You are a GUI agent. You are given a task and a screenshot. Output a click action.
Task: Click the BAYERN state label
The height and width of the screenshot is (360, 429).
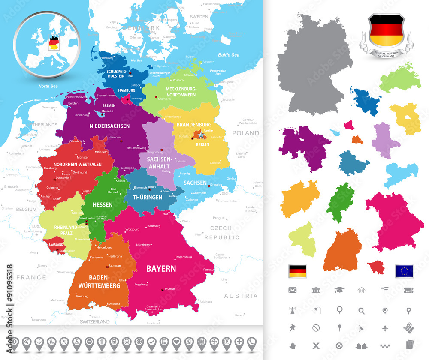pyautogui.click(x=161, y=269)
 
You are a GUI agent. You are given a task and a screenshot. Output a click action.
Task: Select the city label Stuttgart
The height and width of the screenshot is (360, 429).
pyautogui.click(x=115, y=266)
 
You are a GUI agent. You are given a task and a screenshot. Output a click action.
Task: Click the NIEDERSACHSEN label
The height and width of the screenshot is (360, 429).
pyautogui.click(x=109, y=126)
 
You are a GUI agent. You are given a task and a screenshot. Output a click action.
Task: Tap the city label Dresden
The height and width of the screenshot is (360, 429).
pyautogui.click(x=216, y=185)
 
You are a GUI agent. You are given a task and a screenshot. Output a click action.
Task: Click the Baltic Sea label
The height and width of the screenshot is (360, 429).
pyautogui.click(x=228, y=55)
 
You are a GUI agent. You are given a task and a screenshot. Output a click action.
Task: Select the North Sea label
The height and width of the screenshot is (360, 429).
pyautogui.click(x=48, y=86)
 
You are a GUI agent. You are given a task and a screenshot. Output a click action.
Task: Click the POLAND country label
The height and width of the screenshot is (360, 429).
pyautogui.click(x=245, y=133)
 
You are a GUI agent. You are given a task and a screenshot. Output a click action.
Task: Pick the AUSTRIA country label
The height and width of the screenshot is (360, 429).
pyautogui.click(x=241, y=296)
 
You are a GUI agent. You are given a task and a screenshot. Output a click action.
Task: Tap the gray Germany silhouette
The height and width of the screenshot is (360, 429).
pyautogui.click(x=313, y=64)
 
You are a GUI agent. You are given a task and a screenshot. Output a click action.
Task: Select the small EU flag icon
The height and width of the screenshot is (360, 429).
pyautogui.click(x=404, y=271)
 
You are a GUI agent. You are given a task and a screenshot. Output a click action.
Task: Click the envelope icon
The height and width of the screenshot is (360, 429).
pyautogui.click(x=293, y=290)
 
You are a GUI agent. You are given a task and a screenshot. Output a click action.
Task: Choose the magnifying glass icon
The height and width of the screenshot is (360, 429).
pyautogui.click(x=362, y=311)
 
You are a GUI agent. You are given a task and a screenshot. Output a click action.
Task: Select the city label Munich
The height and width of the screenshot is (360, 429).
pyautogui.click(x=170, y=289)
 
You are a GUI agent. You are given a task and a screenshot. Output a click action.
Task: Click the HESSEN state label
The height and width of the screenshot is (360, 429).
pyautogui.click(x=103, y=204)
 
